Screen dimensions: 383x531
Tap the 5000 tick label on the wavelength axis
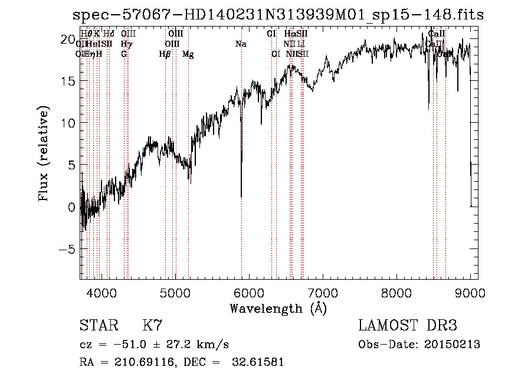point(175,292)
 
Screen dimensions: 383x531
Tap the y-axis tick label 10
point(68,123)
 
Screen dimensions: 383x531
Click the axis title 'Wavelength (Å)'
point(278,308)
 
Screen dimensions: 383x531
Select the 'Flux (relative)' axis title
point(44,153)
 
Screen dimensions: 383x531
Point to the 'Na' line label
point(241,44)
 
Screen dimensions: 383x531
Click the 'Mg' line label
point(188,54)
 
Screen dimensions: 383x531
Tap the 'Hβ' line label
point(165,54)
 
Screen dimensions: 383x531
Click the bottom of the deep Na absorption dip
point(241,196)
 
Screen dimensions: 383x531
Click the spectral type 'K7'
point(152,326)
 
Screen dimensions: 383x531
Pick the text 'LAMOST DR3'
point(408,326)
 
